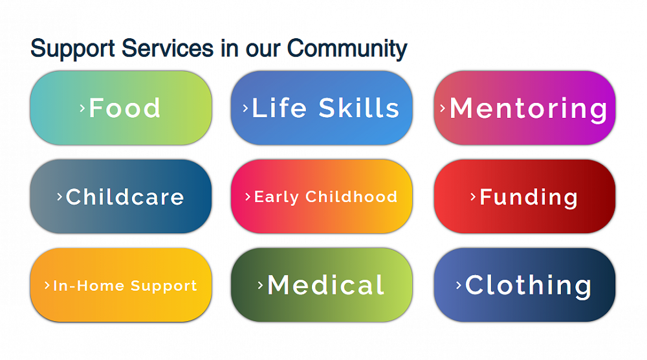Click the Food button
point(121,107)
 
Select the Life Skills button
point(322,107)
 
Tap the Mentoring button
point(525,107)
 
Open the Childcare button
point(121,196)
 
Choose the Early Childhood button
point(322,196)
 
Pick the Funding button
point(525,196)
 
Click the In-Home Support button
point(121,285)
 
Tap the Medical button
point(322,285)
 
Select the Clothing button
point(525,285)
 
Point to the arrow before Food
point(82,108)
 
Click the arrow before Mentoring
point(443,108)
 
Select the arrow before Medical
point(260,285)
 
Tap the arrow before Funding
point(473,196)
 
